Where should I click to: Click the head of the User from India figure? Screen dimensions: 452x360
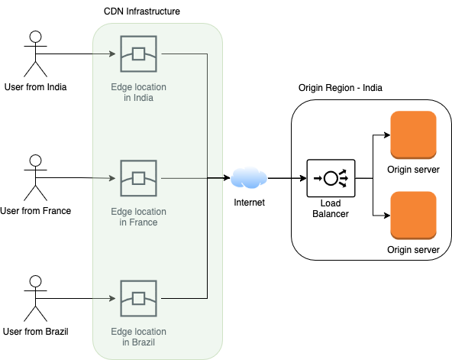click(35, 37)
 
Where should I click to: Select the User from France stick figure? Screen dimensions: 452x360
click(35, 177)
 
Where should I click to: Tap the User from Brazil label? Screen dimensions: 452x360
click(35, 332)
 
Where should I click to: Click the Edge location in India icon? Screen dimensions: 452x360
click(139, 54)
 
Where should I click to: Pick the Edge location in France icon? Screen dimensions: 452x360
click(139, 178)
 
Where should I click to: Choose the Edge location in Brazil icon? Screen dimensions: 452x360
click(139, 299)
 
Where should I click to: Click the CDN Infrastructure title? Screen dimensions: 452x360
click(142, 11)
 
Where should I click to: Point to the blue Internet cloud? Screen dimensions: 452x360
click(249, 177)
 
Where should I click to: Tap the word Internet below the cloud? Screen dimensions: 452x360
click(249, 203)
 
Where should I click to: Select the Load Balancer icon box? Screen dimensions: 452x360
click(331, 178)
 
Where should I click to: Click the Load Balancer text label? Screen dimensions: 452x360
click(331, 209)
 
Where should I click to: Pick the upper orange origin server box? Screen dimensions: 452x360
click(413, 135)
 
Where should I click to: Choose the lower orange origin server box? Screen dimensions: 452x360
click(413, 216)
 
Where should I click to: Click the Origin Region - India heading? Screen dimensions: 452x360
click(341, 88)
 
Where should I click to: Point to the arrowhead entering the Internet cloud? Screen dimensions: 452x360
click(228, 178)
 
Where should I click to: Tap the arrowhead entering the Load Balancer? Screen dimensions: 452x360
click(303, 178)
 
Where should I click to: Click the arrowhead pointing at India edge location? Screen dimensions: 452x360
click(112, 54)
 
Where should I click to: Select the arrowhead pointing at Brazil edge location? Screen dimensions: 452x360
click(112, 299)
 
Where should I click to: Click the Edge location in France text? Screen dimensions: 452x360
click(139, 217)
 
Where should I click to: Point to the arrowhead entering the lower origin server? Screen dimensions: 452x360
click(387, 216)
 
